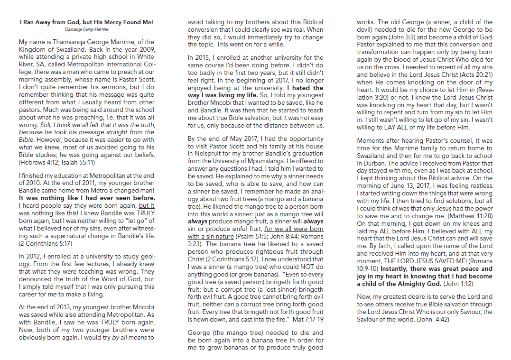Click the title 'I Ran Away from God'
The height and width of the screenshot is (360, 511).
[86, 22]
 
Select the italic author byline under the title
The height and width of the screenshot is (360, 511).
[86, 29]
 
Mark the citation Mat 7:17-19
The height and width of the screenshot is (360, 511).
[308, 319]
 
